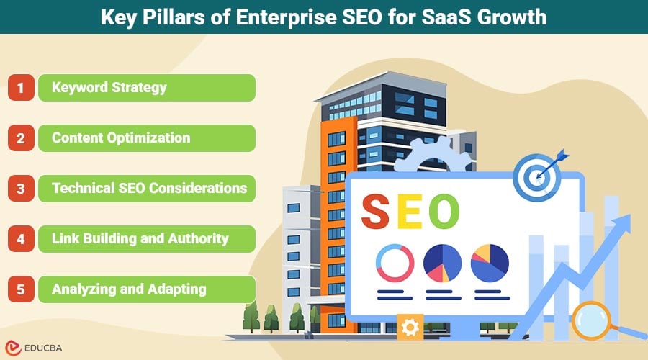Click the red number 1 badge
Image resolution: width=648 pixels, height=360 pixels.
(22, 88)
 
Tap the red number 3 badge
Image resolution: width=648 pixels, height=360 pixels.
(22, 189)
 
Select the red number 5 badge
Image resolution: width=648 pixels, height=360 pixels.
(22, 289)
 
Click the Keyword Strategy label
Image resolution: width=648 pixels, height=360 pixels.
(109, 88)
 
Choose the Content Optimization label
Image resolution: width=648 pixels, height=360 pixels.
(121, 138)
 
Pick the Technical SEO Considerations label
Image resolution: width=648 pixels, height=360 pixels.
(149, 189)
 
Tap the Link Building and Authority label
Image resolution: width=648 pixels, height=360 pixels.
(140, 239)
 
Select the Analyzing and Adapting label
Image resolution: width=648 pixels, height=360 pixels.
(129, 289)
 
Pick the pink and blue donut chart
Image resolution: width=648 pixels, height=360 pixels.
(395, 263)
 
